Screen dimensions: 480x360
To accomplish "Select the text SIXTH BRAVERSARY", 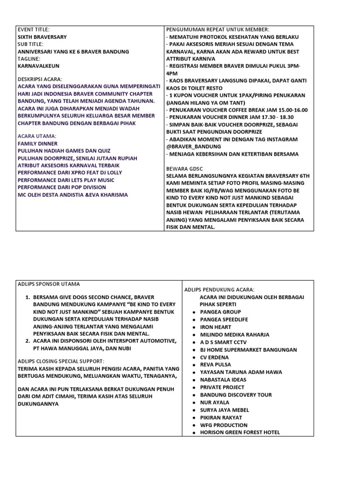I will pos(42,37).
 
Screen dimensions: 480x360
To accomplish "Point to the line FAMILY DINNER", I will pos(37,143).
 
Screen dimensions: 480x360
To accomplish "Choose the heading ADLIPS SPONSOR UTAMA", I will pos(48,284).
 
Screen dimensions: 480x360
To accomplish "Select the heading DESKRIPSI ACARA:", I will pos(39,79).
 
